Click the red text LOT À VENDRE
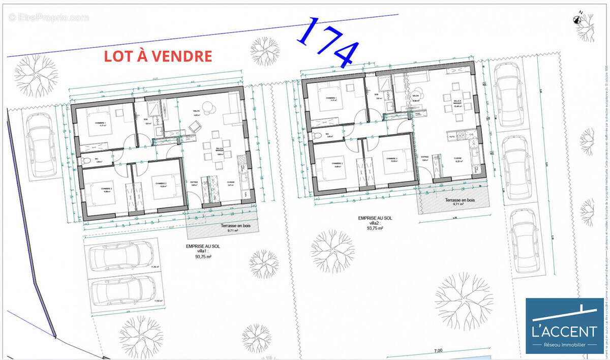coord(158,56)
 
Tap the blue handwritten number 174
coord(328,42)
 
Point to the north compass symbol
coord(577,20)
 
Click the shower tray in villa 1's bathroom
coord(153,109)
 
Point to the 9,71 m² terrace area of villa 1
coord(230,230)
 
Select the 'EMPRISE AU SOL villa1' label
coord(203,251)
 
